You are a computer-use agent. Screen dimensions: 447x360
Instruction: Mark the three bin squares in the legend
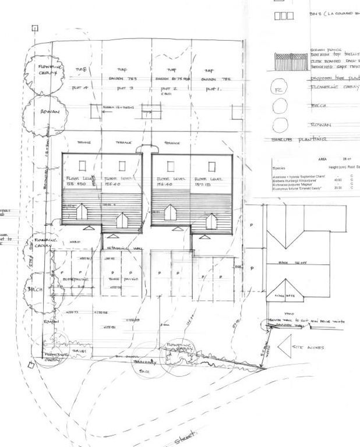283,16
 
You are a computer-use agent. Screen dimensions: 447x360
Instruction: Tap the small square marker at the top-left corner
35,27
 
